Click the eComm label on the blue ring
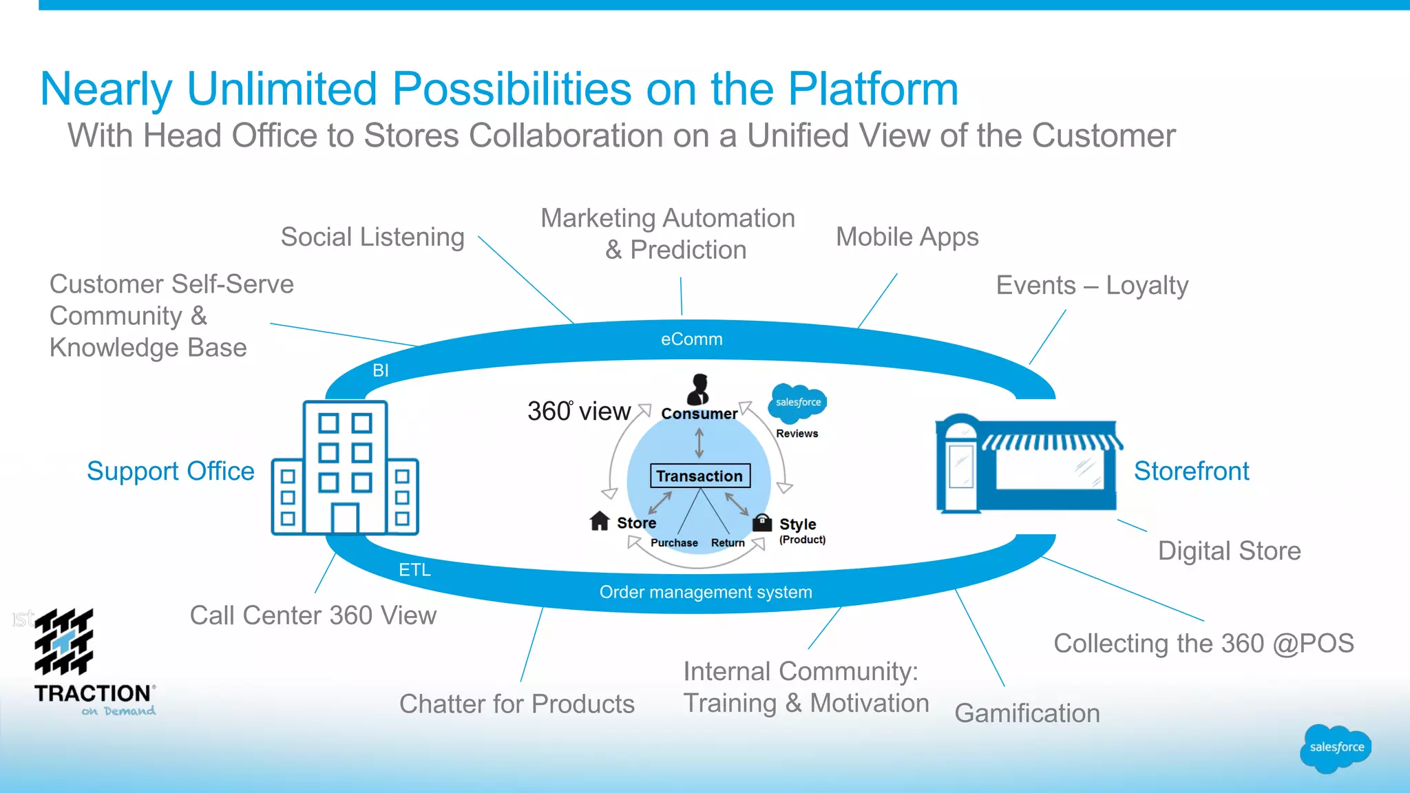pos(691,339)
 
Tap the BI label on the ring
pos(381,370)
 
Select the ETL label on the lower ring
pos(414,570)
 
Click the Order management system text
pos(706,592)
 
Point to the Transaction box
pos(699,476)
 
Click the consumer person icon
pos(698,390)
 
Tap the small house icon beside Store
pos(600,521)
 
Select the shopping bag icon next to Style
pos(761,522)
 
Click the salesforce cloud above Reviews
pos(797,403)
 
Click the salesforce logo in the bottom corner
pos(1336,748)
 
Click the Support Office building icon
pos(345,468)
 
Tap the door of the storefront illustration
pos(960,468)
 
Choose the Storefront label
pos(1191,472)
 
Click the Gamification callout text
pos(1027,713)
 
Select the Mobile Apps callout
pos(907,237)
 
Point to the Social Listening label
pos(372,237)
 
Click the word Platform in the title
pos(872,89)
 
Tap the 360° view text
pos(578,411)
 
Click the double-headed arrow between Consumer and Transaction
pos(699,443)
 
